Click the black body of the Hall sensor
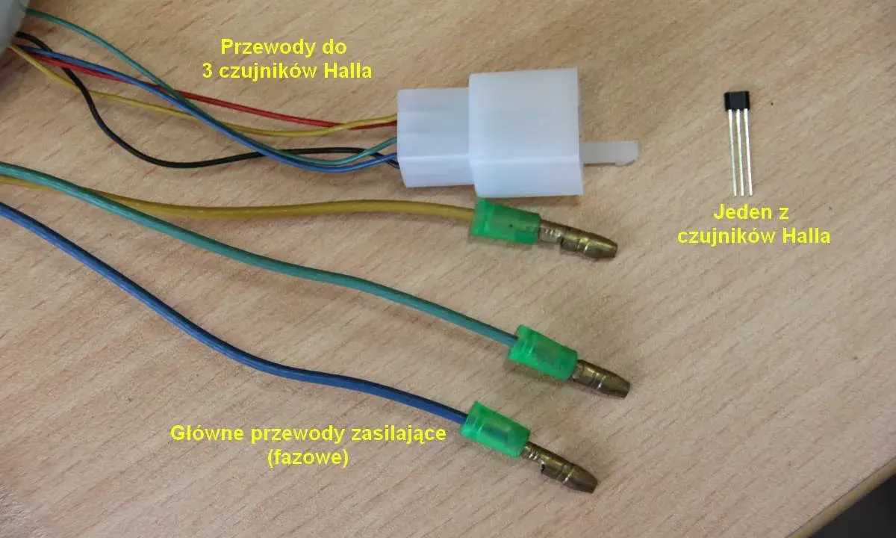click(x=736, y=101)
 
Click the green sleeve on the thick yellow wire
click(x=505, y=221)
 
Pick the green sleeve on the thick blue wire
click(x=494, y=430)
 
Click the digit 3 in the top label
click(x=208, y=71)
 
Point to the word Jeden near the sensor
click(x=737, y=212)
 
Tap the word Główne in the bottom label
click(x=208, y=434)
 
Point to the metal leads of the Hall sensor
click(x=740, y=153)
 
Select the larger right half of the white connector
click(x=525, y=133)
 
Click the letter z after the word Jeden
click(x=783, y=213)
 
